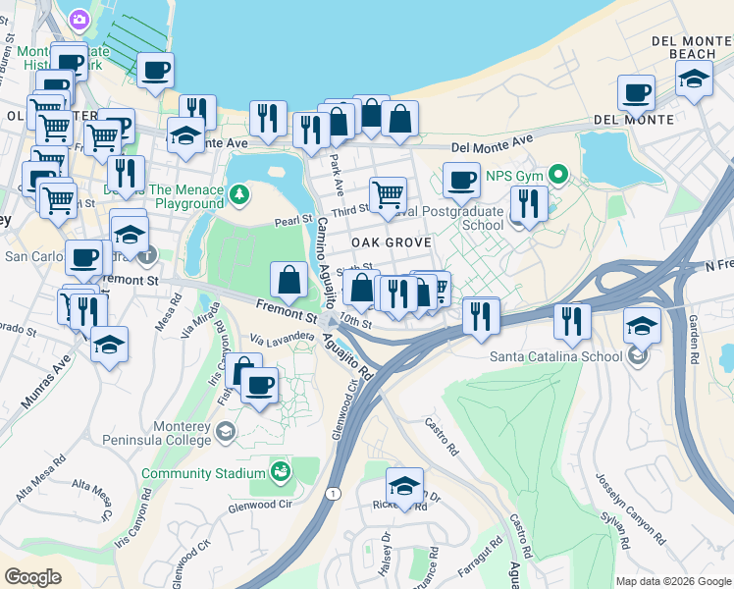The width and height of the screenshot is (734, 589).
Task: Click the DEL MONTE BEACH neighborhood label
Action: pos(691,46)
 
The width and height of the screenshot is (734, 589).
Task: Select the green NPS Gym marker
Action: pos(559,177)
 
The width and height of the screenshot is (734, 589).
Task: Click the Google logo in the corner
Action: pos(33,576)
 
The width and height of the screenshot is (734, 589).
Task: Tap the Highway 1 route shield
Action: pos(336,493)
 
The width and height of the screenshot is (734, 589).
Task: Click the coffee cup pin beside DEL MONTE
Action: pos(636,93)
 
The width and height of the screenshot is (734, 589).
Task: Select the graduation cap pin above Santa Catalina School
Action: pos(641,325)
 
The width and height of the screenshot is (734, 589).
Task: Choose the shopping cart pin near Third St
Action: pos(388,194)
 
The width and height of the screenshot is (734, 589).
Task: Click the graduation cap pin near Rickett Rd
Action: pos(403,485)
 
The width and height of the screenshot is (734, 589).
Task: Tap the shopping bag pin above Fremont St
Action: pos(288,281)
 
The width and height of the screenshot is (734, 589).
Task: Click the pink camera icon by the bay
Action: pos(79,19)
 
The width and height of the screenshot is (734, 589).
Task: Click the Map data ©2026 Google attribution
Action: pos(672,580)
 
